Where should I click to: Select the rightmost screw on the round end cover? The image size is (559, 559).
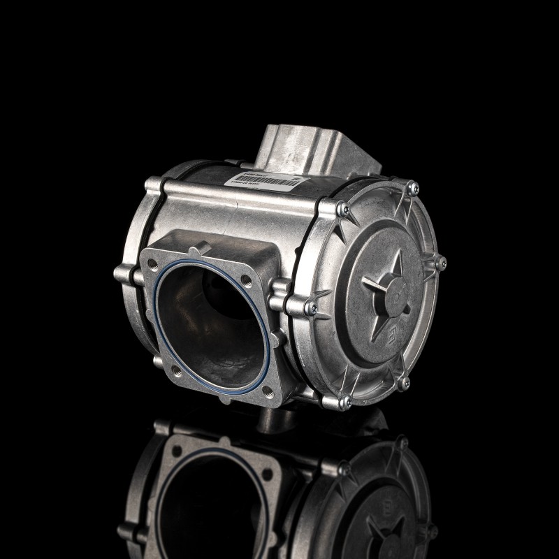pyautogui.click(x=441, y=263)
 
